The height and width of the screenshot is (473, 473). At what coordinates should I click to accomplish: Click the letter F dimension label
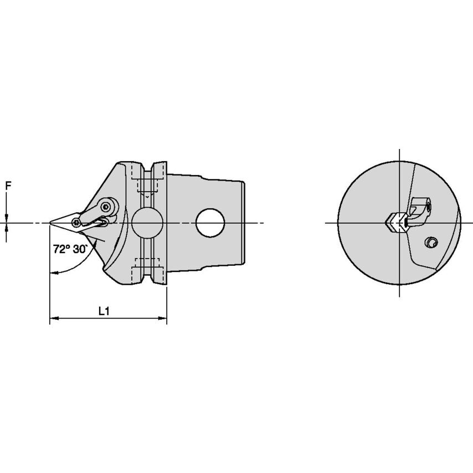[8, 186]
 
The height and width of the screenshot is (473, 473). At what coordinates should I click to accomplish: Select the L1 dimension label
[104, 311]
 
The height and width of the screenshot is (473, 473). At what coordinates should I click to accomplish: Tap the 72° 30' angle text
[70, 249]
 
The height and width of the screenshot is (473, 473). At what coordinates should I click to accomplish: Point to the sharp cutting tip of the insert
[50, 223]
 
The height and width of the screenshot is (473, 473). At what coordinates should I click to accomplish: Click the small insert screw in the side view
[76, 223]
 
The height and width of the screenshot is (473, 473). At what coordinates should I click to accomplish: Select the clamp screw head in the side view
[106, 207]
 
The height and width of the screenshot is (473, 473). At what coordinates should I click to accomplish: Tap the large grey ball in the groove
[147, 223]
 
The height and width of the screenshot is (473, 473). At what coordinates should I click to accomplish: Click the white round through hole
[210, 223]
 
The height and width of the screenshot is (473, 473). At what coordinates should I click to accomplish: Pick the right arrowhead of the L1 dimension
[163, 318]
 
